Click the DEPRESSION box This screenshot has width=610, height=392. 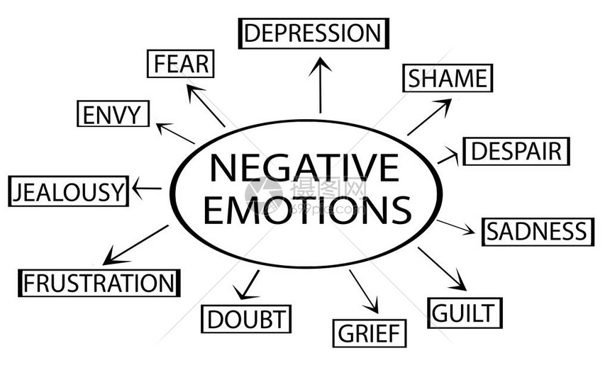tap(314, 33)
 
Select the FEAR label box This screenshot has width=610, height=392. tap(180, 64)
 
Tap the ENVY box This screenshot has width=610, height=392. tap(113, 114)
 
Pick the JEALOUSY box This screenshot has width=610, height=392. tap(69, 191)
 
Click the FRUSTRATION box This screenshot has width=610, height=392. tap(99, 283)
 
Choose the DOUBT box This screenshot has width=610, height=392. tap(246, 319)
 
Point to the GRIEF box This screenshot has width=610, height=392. tap(369, 333)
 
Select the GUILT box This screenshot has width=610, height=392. tap(465, 313)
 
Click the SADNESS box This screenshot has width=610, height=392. tap(538, 232)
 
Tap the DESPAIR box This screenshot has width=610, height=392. tap(516, 151)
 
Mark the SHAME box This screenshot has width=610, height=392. tap(448, 78)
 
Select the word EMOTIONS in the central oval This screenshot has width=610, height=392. tap(307, 210)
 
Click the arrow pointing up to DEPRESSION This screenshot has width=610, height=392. tap(320, 85)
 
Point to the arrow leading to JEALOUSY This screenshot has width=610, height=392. tap(147, 189)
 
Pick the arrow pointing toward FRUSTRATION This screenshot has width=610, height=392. tap(135, 245)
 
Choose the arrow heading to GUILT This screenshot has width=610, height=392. tap(443, 269)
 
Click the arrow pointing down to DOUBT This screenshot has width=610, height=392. tap(247, 285)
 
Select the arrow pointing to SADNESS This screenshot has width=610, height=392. tap(455, 227)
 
